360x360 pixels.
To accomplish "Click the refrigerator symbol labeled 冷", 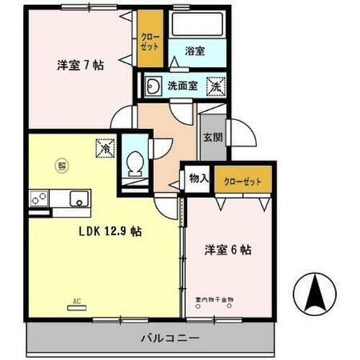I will (x=104, y=149).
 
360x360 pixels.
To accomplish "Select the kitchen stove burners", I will (x=38, y=197).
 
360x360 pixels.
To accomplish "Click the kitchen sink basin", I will (x=78, y=197).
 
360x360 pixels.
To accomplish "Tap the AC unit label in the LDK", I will (x=76, y=303).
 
